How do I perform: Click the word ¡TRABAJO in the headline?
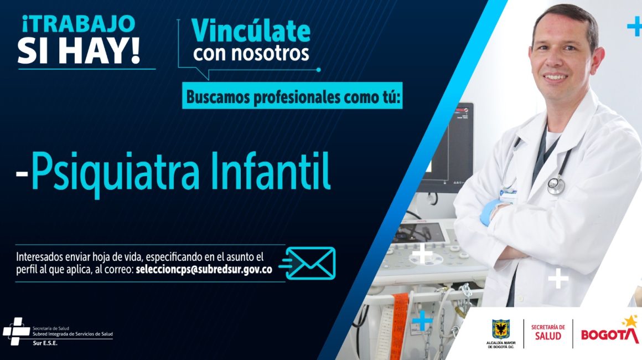pos(78,24)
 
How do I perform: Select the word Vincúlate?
pos(251,30)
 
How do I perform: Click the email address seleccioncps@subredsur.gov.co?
pos(204,270)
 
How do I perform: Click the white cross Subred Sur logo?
pos(17,331)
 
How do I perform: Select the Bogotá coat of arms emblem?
pos(501,330)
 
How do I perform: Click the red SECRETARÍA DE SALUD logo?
pos(548,332)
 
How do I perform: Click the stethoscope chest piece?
pos(556,186)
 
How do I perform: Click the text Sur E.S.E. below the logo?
pos(45,343)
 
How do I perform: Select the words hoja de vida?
pos(117,257)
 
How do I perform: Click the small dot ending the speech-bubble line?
pos(319,70)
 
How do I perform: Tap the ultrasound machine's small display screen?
pos(422,232)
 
